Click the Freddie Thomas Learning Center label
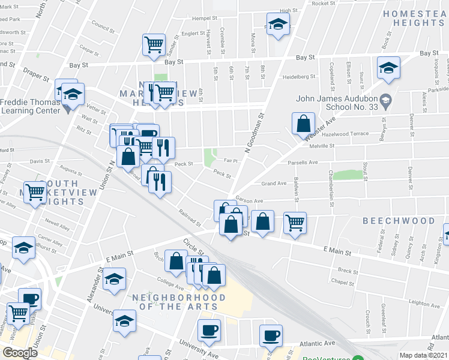pos(30,106)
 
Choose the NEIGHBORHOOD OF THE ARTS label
pos(179,302)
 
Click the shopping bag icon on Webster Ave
pos(304,124)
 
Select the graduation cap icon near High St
pos(278,25)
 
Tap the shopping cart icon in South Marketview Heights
pos(35,192)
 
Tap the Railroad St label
pos(190,218)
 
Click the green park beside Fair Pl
pos(210,158)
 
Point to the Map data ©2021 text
pos(424,355)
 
